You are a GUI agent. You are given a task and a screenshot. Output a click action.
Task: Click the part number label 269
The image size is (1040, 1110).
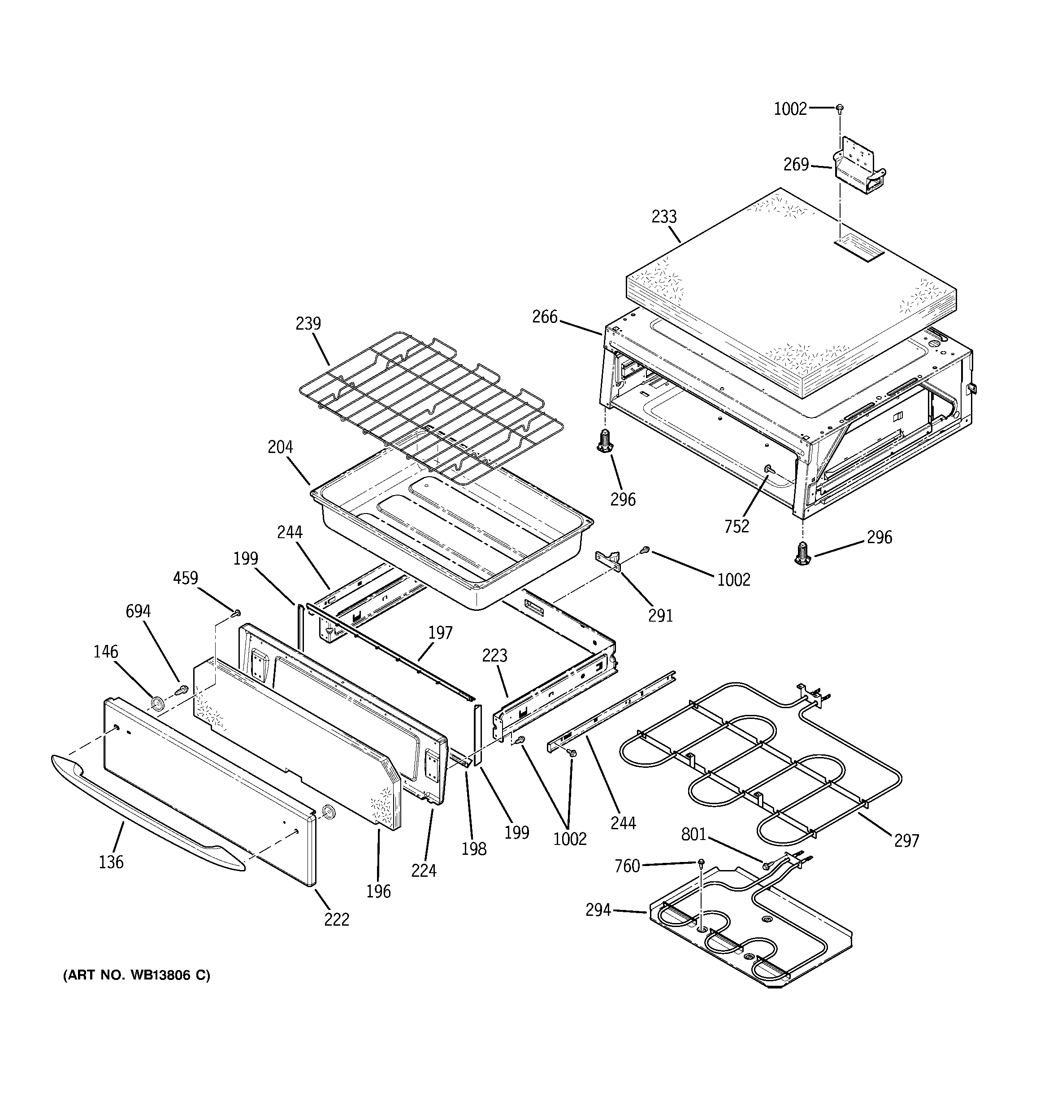click(x=796, y=165)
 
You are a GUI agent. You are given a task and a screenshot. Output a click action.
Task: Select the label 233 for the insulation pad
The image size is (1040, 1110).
click(x=664, y=217)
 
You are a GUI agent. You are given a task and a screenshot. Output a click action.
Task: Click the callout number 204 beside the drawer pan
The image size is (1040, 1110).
click(x=280, y=447)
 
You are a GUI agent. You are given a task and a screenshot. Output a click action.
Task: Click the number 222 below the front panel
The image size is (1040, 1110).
click(x=337, y=919)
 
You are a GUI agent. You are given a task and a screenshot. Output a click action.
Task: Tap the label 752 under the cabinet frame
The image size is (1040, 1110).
click(x=737, y=526)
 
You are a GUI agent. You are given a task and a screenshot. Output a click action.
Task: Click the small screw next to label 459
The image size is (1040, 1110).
click(x=236, y=613)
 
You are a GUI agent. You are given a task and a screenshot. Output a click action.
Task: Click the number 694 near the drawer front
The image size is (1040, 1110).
click(x=138, y=611)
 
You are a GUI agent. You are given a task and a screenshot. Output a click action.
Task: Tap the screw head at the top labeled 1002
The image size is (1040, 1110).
click(x=840, y=107)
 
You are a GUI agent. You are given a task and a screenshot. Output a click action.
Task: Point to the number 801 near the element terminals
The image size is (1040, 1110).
click(x=694, y=835)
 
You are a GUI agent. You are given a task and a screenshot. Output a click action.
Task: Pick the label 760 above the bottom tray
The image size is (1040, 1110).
click(x=627, y=866)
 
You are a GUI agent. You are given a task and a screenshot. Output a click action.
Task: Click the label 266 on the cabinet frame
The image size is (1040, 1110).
click(x=544, y=317)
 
